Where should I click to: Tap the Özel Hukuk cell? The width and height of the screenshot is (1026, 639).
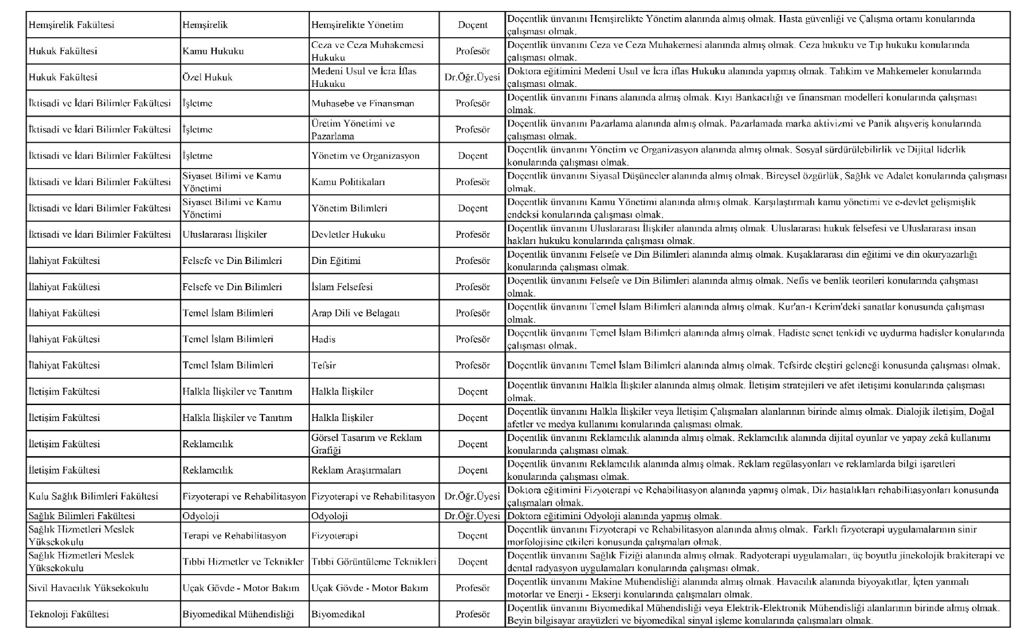207,77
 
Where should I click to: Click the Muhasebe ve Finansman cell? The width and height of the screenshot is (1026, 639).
362,104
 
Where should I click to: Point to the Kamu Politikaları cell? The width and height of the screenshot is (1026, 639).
348,182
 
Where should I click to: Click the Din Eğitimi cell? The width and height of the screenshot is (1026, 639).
336,261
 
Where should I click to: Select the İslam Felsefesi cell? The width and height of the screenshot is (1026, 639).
342,287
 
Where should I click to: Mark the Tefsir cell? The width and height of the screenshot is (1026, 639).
323,365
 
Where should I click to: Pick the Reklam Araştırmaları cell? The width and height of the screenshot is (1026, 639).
356,470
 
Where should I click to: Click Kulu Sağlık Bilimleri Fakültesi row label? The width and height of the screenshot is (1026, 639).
93,497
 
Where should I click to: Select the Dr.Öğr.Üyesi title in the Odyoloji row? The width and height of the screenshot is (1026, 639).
472,516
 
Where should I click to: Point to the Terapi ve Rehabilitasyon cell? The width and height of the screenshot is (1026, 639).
234,536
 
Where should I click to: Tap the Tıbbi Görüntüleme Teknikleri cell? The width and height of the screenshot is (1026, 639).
373,562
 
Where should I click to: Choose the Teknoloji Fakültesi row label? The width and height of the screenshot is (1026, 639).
69,614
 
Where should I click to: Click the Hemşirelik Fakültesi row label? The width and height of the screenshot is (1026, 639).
72,25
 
